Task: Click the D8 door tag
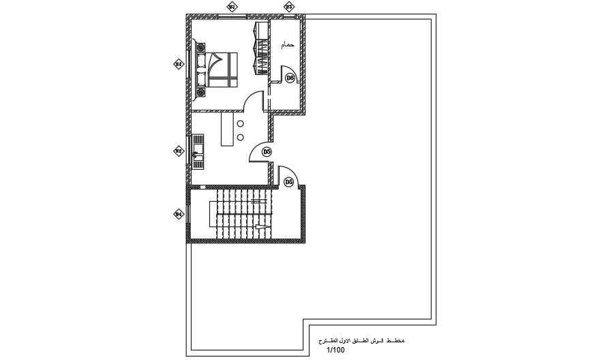[290, 78]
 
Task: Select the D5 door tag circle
[267, 151]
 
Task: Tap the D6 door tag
[289, 182]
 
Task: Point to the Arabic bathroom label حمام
[288, 45]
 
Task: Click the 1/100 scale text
[335, 350]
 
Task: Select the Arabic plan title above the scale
[361, 340]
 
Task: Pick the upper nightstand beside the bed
[200, 47]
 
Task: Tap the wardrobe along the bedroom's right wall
[260, 48]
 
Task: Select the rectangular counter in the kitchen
[228, 130]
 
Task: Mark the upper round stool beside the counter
[241, 123]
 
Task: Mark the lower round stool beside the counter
[241, 138]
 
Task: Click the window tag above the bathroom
[288, 7]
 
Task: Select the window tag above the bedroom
[231, 7]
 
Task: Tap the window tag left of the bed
[178, 65]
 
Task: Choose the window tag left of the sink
[178, 151]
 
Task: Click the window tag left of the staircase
[178, 214]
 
